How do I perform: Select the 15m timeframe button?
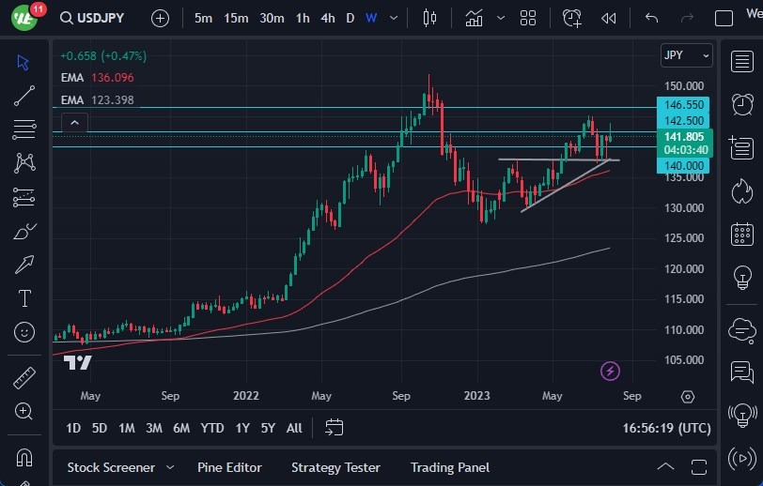(x=236, y=18)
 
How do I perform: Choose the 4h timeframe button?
(x=327, y=18)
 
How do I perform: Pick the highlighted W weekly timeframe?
(x=371, y=18)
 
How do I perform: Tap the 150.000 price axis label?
(x=683, y=85)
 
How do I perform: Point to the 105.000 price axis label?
(x=683, y=360)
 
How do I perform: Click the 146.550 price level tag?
(x=683, y=106)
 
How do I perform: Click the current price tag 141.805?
(x=683, y=136)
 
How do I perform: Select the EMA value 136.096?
(x=112, y=78)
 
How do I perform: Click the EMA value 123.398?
(x=112, y=100)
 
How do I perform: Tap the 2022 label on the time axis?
(x=246, y=396)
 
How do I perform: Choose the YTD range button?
(x=212, y=428)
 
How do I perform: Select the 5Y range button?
(x=268, y=428)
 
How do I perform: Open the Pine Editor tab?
(x=229, y=467)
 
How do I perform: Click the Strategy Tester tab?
(x=335, y=467)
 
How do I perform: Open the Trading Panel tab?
(x=450, y=467)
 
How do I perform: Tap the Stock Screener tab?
(x=111, y=467)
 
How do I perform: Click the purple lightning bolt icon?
(x=611, y=372)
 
